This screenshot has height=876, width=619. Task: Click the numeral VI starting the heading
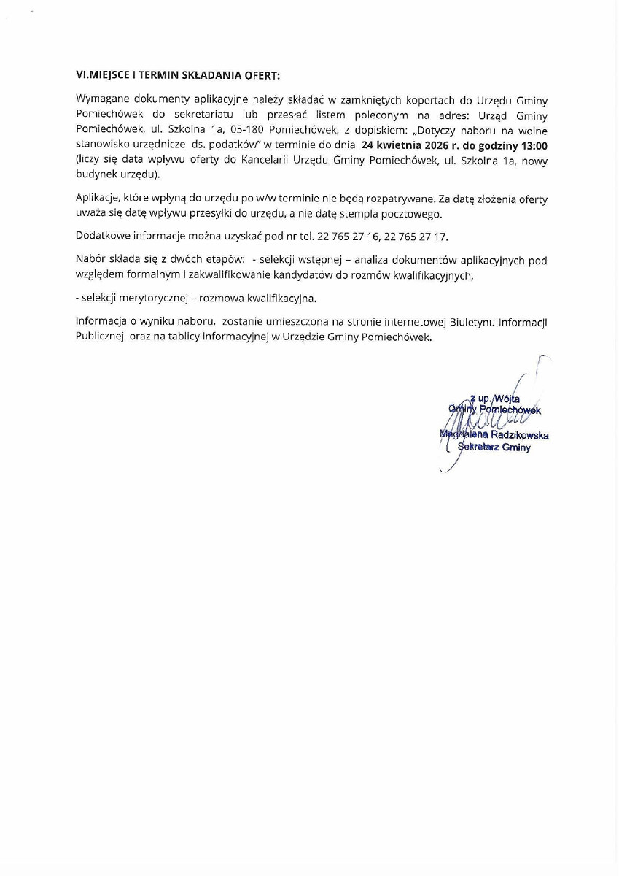point(80,75)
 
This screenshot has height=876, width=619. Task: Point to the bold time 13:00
point(534,145)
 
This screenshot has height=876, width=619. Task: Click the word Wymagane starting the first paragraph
point(101,98)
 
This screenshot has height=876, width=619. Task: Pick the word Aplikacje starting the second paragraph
point(98,199)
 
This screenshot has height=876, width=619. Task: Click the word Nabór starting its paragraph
point(91,260)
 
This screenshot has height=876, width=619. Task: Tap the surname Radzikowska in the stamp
point(520,435)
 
